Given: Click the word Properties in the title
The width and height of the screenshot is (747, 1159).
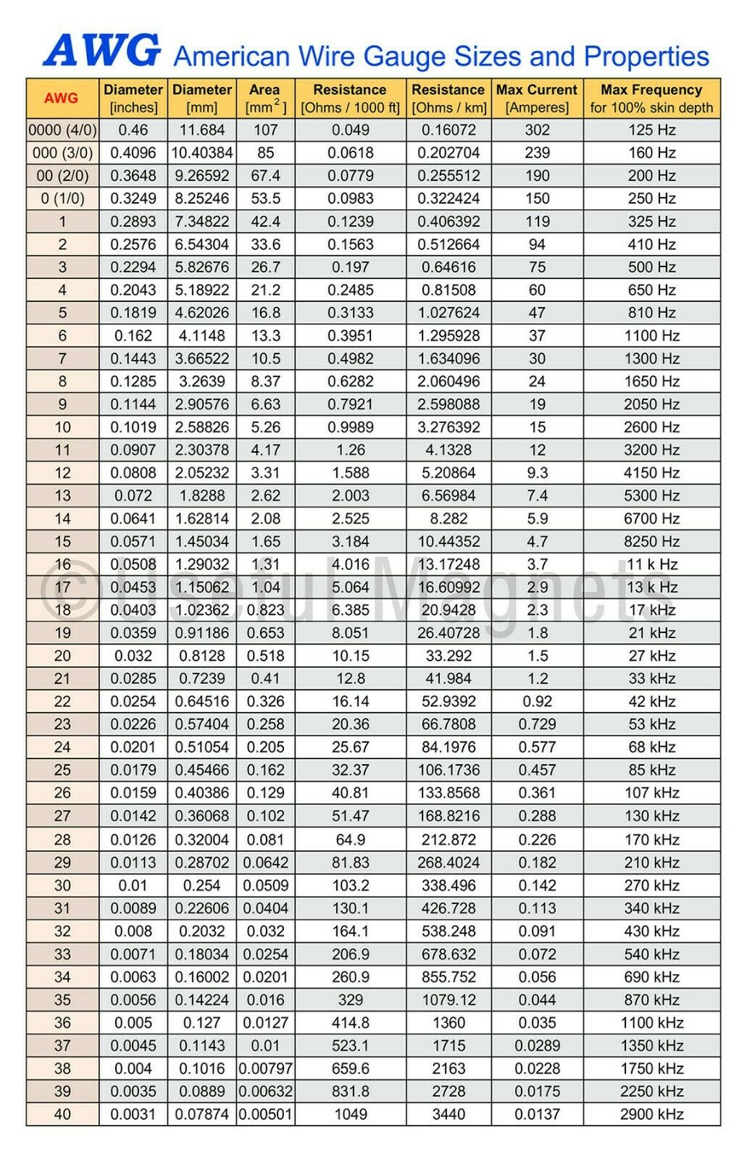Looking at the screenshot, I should (x=646, y=57).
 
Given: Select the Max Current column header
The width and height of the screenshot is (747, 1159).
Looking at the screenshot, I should (x=537, y=99).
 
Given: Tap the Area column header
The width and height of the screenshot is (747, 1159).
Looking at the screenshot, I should (x=265, y=99).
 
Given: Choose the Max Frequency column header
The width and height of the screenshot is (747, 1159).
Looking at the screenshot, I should (x=651, y=99).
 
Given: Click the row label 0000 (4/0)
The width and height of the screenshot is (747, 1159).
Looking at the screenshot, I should (x=62, y=130).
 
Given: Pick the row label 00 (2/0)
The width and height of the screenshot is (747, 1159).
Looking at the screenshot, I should (x=62, y=176).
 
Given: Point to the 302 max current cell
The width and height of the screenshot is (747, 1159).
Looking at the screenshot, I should (x=537, y=130).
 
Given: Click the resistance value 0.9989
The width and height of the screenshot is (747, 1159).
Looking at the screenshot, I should (x=351, y=427).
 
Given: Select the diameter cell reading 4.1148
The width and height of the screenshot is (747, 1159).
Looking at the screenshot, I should (x=201, y=336).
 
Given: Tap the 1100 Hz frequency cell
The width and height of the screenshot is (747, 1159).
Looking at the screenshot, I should (x=651, y=336).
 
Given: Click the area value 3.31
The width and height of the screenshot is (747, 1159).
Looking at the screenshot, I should (x=265, y=473).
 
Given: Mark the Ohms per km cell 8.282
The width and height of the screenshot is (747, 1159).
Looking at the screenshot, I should (x=448, y=519).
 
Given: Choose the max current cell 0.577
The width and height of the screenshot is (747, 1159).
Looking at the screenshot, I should (x=537, y=748).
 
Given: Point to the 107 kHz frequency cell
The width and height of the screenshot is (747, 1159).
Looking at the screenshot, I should (x=651, y=793).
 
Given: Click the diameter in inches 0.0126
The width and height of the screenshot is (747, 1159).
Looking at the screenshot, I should (x=133, y=840).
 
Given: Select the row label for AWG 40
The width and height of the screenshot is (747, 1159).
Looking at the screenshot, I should (x=62, y=1114).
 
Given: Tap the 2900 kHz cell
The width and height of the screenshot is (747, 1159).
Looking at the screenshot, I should (x=651, y=1114).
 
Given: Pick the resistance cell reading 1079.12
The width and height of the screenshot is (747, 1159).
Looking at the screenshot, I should (x=448, y=1000).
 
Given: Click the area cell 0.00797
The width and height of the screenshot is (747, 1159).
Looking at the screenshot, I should (x=265, y=1068).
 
